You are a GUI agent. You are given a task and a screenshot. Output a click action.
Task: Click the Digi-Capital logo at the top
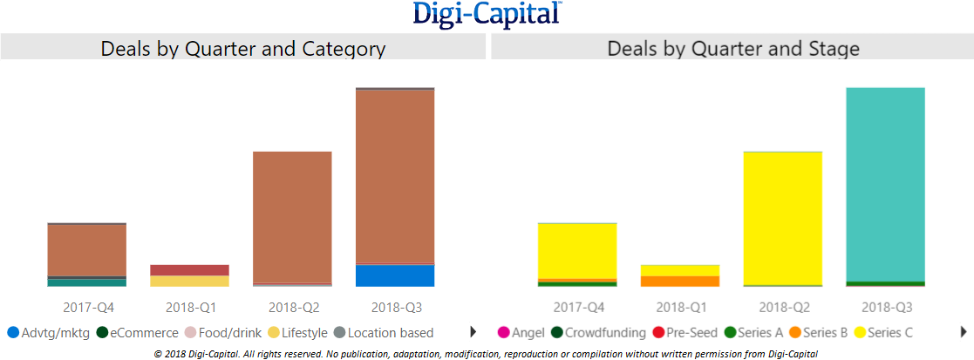(x=487, y=15)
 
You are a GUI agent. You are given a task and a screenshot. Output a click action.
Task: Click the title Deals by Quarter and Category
(x=242, y=48)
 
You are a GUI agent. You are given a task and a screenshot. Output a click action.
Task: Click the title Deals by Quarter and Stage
(x=732, y=48)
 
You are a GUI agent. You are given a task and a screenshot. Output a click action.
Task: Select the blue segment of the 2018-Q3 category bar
(x=395, y=275)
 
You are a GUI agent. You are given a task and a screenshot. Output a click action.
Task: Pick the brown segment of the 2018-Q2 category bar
(x=292, y=217)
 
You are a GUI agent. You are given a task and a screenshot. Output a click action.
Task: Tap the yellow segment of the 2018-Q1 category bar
(x=189, y=281)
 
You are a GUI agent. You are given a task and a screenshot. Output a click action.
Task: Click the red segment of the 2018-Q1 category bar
(x=189, y=270)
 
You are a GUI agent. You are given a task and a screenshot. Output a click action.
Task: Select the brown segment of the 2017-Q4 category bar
(x=86, y=250)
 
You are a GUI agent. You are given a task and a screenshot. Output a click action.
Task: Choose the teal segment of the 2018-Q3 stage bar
(x=885, y=184)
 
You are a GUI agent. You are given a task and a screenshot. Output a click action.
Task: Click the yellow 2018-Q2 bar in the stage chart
(x=782, y=218)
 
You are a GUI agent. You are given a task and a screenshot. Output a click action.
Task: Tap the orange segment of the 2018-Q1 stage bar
(x=679, y=281)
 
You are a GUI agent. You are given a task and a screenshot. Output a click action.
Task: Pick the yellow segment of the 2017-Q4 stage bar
(x=577, y=250)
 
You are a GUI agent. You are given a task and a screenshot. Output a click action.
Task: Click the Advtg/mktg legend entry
(x=49, y=332)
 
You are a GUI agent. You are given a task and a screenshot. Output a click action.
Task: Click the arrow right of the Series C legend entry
(x=964, y=332)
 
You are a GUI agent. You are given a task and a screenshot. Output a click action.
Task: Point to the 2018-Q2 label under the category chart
(x=294, y=307)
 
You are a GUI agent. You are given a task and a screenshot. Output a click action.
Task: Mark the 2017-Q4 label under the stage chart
(x=579, y=307)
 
